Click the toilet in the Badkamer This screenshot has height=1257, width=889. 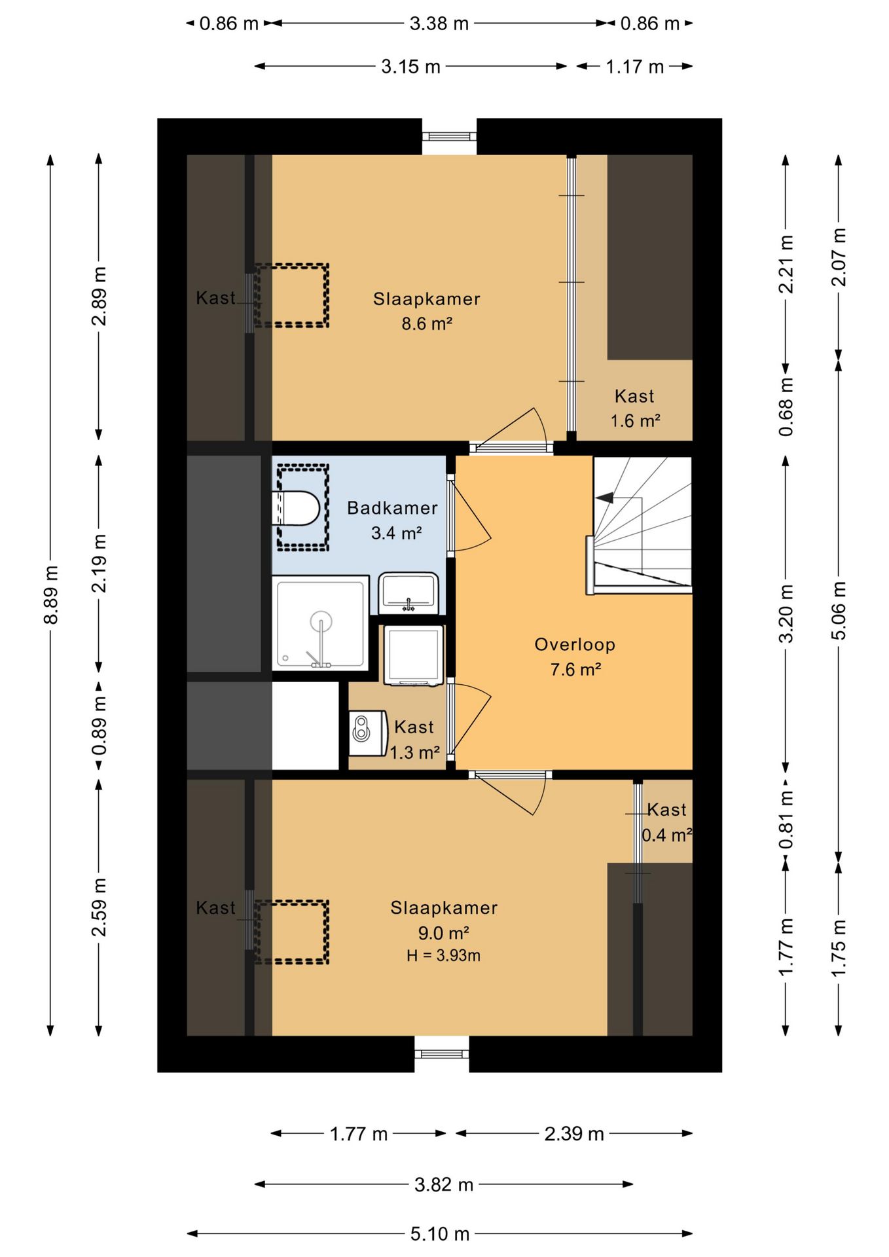[296, 508]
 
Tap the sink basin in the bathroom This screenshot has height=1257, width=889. [408, 592]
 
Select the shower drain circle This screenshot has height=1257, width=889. [321, 620]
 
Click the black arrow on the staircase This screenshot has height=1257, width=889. [604, 498]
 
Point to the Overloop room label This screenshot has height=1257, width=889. [575, 645]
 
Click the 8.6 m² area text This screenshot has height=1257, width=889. [427, 323]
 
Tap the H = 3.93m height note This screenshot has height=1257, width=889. [443, 956]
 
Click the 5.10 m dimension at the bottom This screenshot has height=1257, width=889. [440, 1234]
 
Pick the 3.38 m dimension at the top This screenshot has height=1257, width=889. [439, 24]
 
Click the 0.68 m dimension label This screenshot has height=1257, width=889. [786, 407]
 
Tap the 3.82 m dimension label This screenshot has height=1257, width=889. [444, 1184]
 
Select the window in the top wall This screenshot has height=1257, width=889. [449, 137]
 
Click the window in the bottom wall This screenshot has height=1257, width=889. [442, 1054]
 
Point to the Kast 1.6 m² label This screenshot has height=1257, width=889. [635, 409]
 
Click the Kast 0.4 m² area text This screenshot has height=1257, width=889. [667, 835]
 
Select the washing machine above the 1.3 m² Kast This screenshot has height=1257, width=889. [414, 655]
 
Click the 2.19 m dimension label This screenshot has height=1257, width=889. [100, 563]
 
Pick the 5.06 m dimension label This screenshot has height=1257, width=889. [839, 610]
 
